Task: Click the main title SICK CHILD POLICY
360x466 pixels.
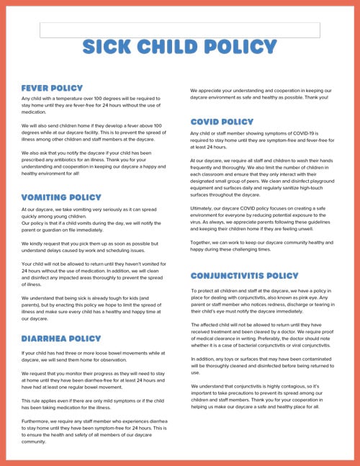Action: pos(179,48)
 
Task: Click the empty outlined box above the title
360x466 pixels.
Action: pos(179,30)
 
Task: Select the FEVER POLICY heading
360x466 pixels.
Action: pos(53,88)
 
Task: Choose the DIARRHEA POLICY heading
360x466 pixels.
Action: pos(61,338)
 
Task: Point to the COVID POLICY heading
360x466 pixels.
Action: pos(222,122)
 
